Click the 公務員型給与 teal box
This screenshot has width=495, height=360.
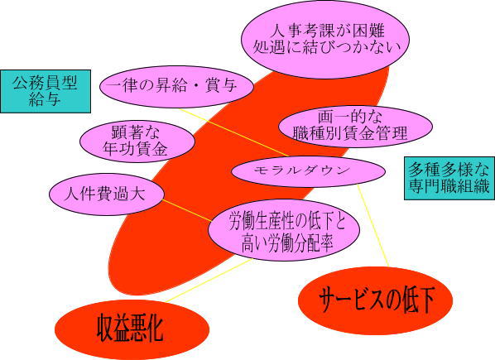pyautogui.click(x=46, y=92)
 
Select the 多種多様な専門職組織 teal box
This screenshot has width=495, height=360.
pyautogui.click(x=449, y=178)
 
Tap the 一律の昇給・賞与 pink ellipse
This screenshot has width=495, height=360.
pyautogui.click(x=176, y=86)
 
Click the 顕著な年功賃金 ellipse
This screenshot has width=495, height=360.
pyautogui.click(x=137, y=142)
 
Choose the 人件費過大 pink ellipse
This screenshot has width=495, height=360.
pyautogui.click(x=107, y=194)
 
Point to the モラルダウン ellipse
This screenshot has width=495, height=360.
pyautogui.click(x=308, y=171)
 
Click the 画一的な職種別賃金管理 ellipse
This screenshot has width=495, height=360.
pyautogui.click(x=355, y=126)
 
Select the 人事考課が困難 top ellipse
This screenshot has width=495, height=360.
pyautogui.click(x=325, y=40)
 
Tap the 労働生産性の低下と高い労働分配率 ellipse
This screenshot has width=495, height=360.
pyautogui.click(x=284, y=230)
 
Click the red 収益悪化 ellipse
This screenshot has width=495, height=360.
pyautogui.click(x=132, y=329)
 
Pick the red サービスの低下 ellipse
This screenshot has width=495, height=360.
pyautogui.click(x=375, y=300)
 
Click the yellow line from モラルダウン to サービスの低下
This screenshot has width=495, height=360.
pyautogui.click(x=372, y=226)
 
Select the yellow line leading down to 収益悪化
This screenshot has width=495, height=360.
pyautogui.click(x=209, y=281)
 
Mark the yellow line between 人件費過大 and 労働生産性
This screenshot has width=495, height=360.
pyautogui.click(x=187, y=210)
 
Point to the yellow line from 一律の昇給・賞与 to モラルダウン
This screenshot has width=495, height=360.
pyautogui.click(x=233, y=132)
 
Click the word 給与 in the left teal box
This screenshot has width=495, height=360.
pyautogui.click(x=45, y=99)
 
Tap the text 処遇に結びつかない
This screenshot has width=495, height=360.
pyautogui.click(x=326, y=47)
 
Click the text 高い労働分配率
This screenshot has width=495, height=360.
pyautogui.click(x=287, y=243)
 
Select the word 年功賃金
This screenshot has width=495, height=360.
pyautogui.click(x=135, y=149)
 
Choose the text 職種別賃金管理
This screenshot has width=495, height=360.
pyautogui.click(x=350, y=133)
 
